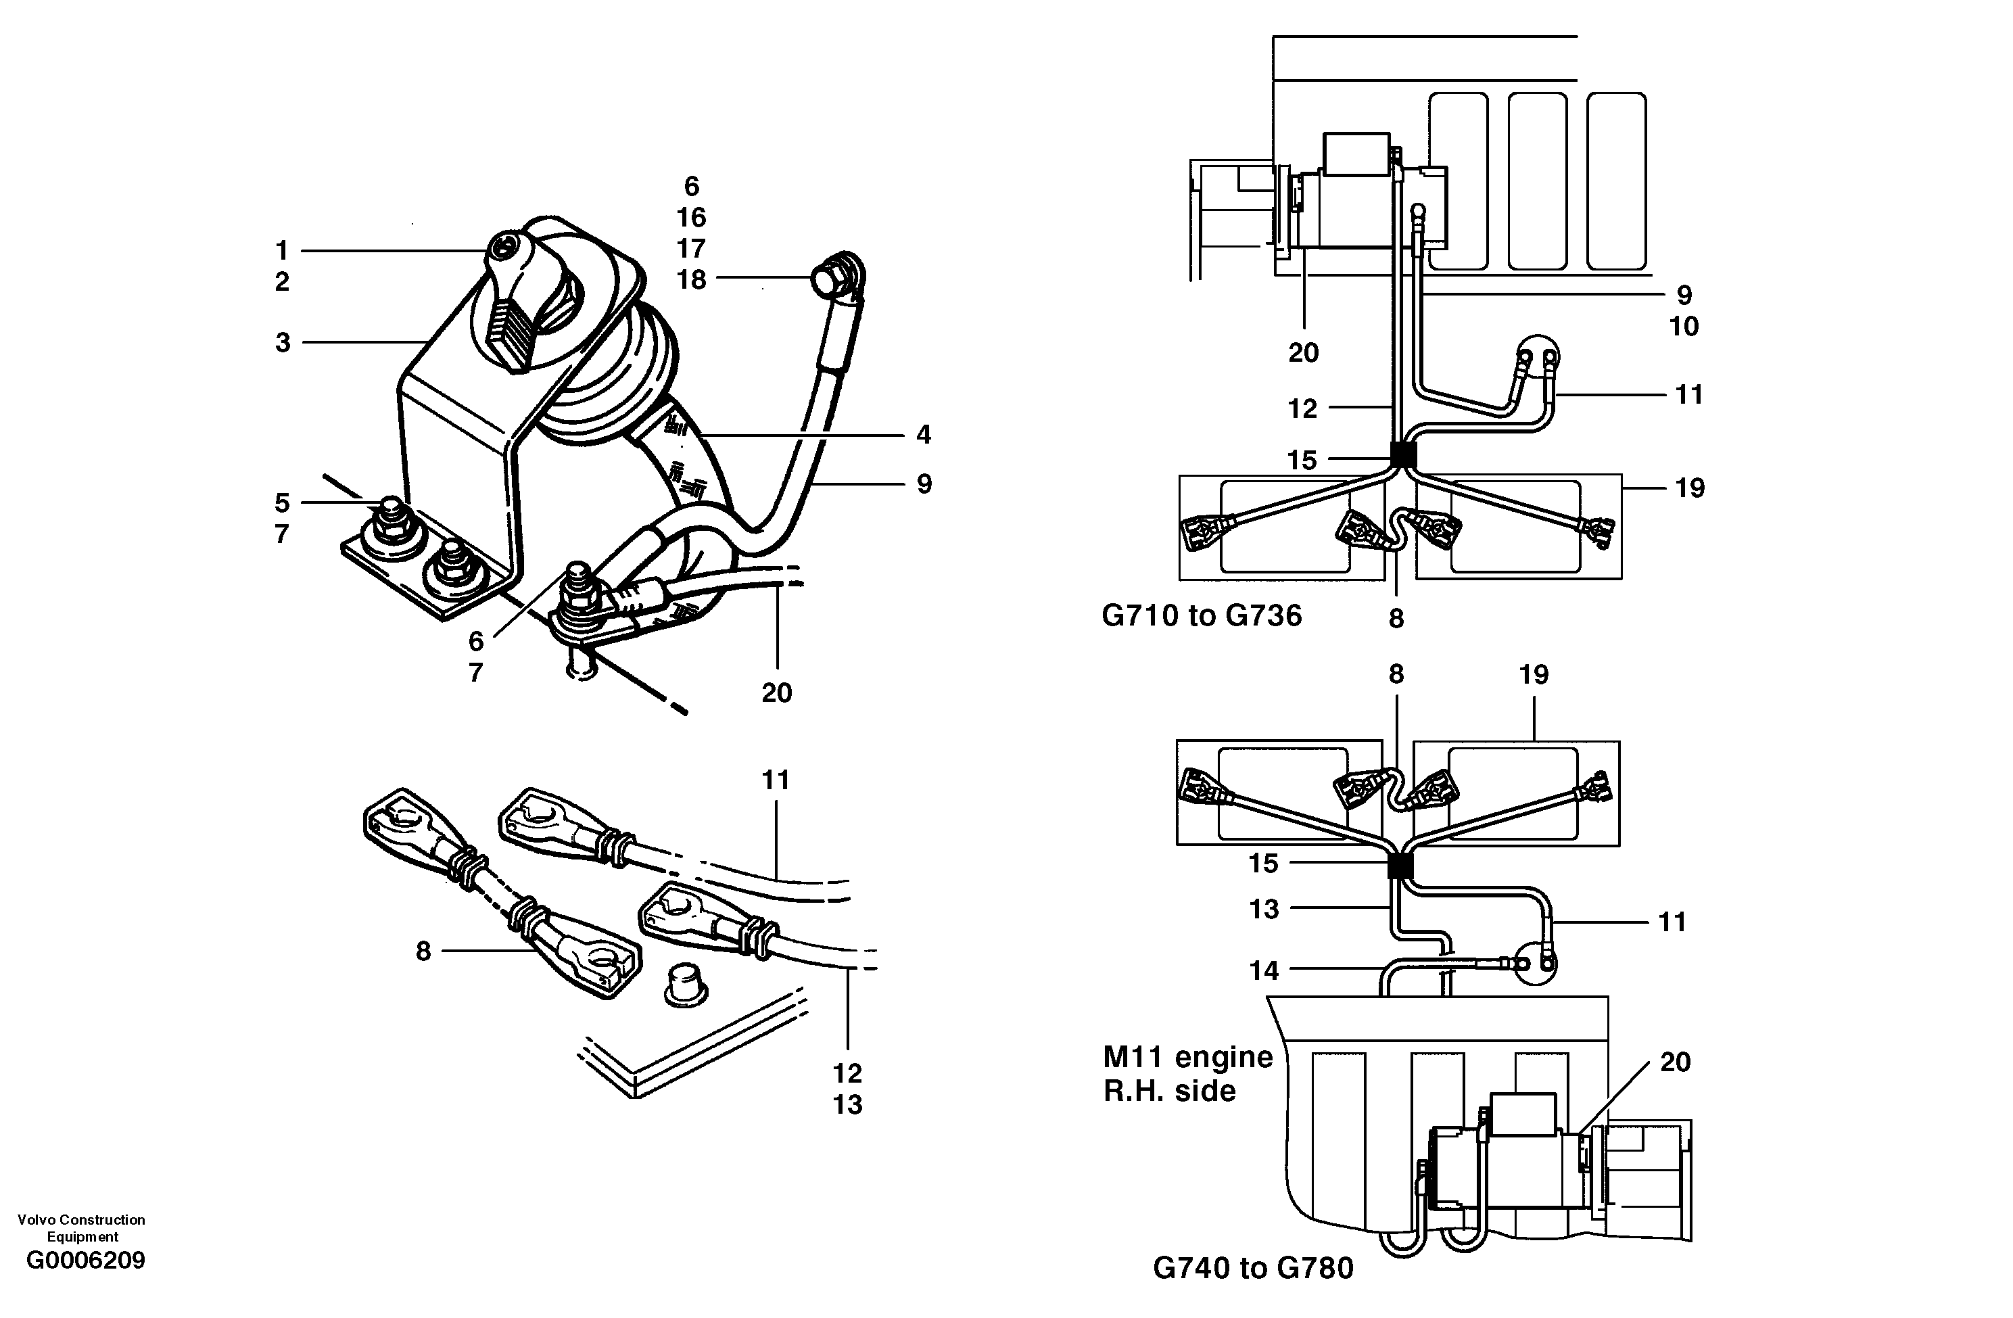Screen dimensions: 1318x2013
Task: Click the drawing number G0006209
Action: point(85,1261)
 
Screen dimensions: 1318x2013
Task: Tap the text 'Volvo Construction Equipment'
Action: point(81,1227)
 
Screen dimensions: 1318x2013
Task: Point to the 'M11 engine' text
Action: point(1187,1056)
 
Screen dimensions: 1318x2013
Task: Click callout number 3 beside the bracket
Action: point(283,343)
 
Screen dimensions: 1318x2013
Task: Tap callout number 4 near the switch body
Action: point(923,435)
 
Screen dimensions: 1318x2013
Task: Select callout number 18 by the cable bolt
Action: point(691,279)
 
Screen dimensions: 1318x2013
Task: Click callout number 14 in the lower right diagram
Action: point(1264,970)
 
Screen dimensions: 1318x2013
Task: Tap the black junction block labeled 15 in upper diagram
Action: point(1403,455)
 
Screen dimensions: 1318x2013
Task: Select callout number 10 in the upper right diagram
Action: point(1683,327)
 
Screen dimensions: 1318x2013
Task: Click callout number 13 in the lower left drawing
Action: point(847,1104)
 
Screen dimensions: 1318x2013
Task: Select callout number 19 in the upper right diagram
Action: point(1689,488)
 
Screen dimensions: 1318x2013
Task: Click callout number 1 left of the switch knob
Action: point(282,250)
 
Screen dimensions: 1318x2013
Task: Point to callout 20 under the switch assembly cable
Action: point(776,693)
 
